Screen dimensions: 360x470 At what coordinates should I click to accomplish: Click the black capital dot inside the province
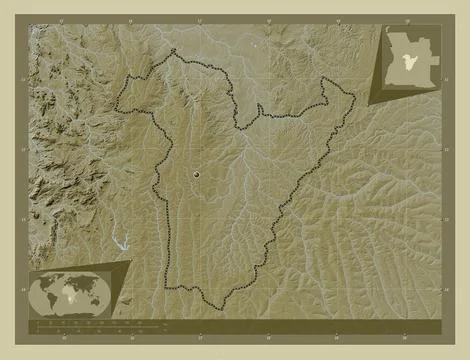[x=196, y=174]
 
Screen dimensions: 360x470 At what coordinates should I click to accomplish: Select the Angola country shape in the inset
[x=410, y=61]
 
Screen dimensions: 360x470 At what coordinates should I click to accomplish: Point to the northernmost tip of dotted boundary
[x=174, y=50]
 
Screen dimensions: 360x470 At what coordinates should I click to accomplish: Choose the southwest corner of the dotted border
[x=166, y=287]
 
